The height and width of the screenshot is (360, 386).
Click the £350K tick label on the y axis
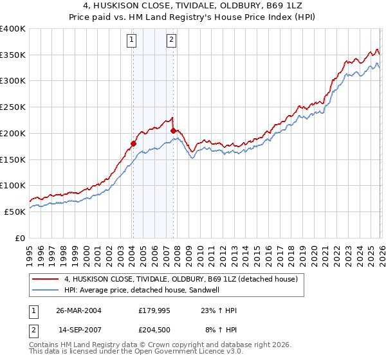(x=13, y=55)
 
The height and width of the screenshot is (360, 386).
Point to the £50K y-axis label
(x=15, y=212)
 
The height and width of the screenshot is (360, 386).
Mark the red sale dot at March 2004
(x=133, y=143)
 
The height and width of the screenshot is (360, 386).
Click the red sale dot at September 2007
(x=173, y=130)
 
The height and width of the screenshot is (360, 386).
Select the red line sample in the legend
(x=45, y=280)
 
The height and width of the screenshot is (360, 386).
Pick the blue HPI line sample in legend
(x=45, y=291)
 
